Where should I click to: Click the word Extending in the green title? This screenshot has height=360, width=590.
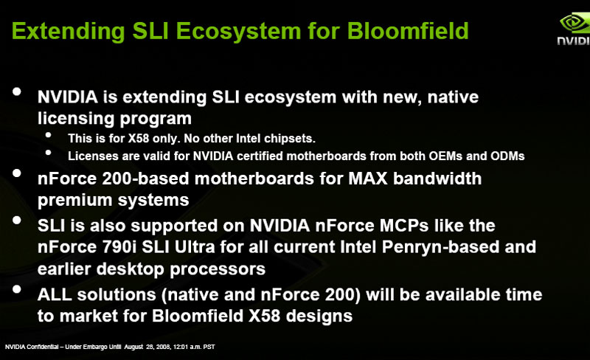[68, 32]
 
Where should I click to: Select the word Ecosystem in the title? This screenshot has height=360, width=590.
[238, 32]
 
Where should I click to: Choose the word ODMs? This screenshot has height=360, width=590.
[507, 156]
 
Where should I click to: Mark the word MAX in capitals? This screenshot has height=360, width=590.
[367, 178]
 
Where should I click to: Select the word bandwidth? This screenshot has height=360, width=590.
[437, 178]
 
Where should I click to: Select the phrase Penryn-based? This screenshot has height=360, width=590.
[440, 247]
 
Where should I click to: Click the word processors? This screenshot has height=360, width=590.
[218, 269]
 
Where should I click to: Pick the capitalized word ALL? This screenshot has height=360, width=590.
[55, 294]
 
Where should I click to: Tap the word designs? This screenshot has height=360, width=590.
[319, 316]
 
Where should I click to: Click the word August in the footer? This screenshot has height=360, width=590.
[133, 347]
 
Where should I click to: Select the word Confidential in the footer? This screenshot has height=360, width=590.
[43, 347]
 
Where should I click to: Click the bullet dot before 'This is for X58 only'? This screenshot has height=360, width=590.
[48, 135]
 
